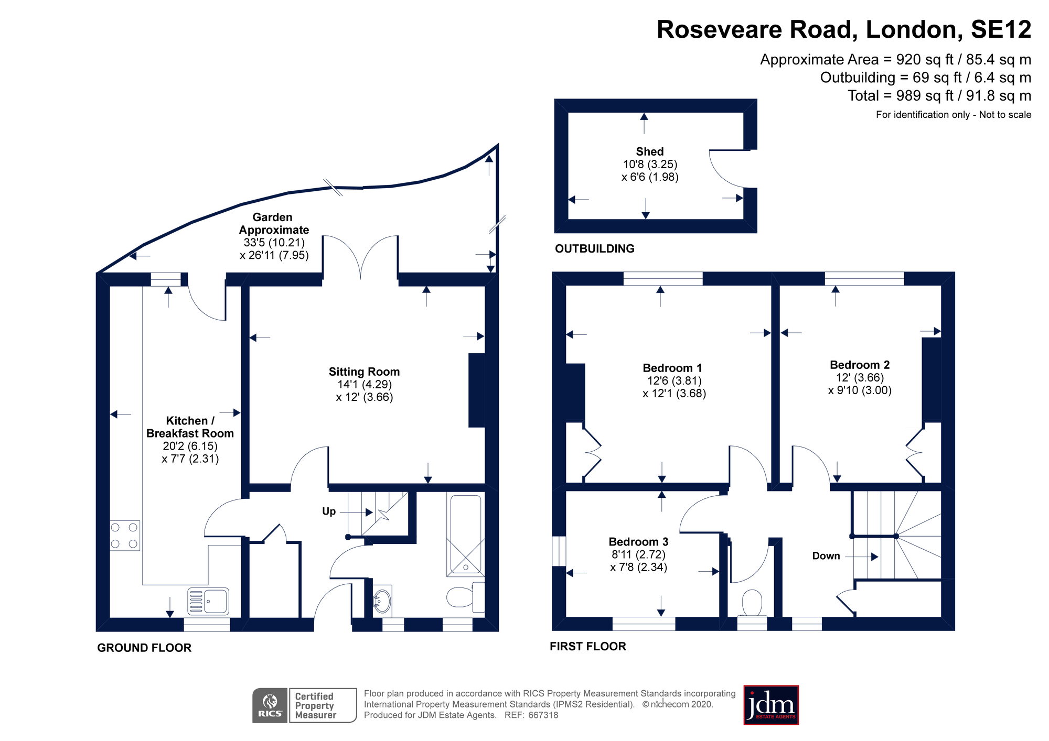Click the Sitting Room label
coord(364,372)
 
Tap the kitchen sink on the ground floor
coord(208,601)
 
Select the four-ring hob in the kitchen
coord(125,536)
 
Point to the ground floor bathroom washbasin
coord(382,602)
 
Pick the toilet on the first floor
coord(752,604)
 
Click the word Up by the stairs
coord(329,511)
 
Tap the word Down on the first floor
coord(826,556)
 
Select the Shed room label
coord(650,151)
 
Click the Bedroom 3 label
coord(638,542)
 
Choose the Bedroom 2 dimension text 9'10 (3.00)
coord(860,390)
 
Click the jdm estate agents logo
coord(771,705)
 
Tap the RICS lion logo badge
coord(270,705)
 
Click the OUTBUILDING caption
coord(595,249)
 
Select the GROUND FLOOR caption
coord(144,648)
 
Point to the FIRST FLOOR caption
coord(588,647)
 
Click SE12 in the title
coord(1001,30)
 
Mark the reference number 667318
coord(543,715)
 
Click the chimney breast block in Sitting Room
coord(476,390)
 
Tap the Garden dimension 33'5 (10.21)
coord(274,243)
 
